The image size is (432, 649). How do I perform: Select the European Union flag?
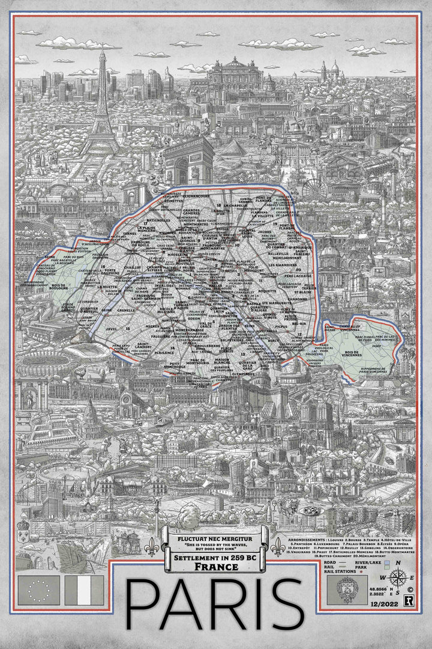pos(40,590)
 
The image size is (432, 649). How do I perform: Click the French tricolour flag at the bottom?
pos(84,590)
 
